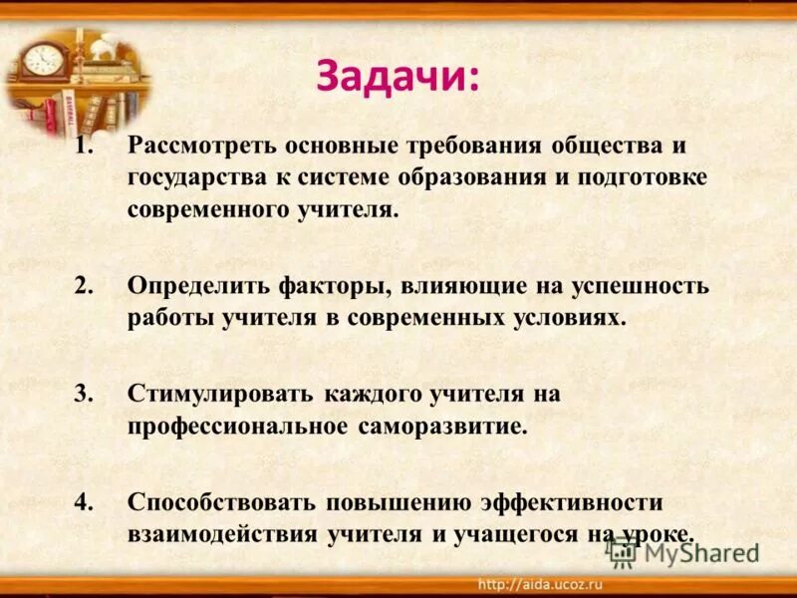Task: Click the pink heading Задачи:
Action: coord(398,77)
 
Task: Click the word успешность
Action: coord(640,286)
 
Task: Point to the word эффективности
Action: coord(571,501)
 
